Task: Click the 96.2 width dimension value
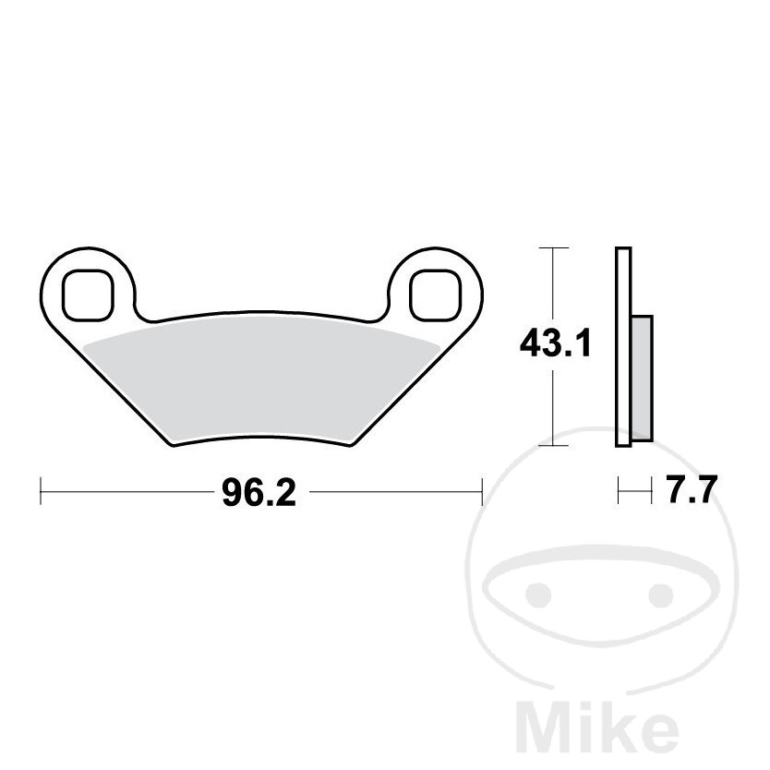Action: coord(259,493)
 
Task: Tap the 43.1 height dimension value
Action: coord(556,343)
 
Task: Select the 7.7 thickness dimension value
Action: coord(691,488)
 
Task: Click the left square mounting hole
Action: coord(88,295)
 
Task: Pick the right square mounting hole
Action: coord(436,295)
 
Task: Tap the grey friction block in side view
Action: coord(642,379)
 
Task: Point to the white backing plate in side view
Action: coord(623,347)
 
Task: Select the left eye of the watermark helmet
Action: coord(538,595)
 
